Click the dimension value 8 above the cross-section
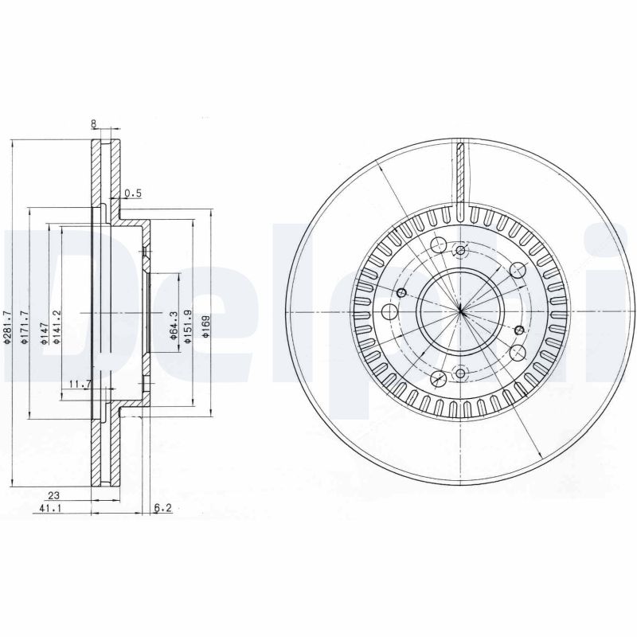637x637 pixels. [x=94, y=123]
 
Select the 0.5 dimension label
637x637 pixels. [x=131, y=193]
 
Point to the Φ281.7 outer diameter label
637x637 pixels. [x=7, y=326]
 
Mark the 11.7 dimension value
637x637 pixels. [x=79, y=384]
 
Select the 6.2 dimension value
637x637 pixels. [x=162, y=506]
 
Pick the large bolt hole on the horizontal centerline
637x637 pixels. [x=389, y=311]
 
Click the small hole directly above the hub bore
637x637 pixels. [x=461, y=250]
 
